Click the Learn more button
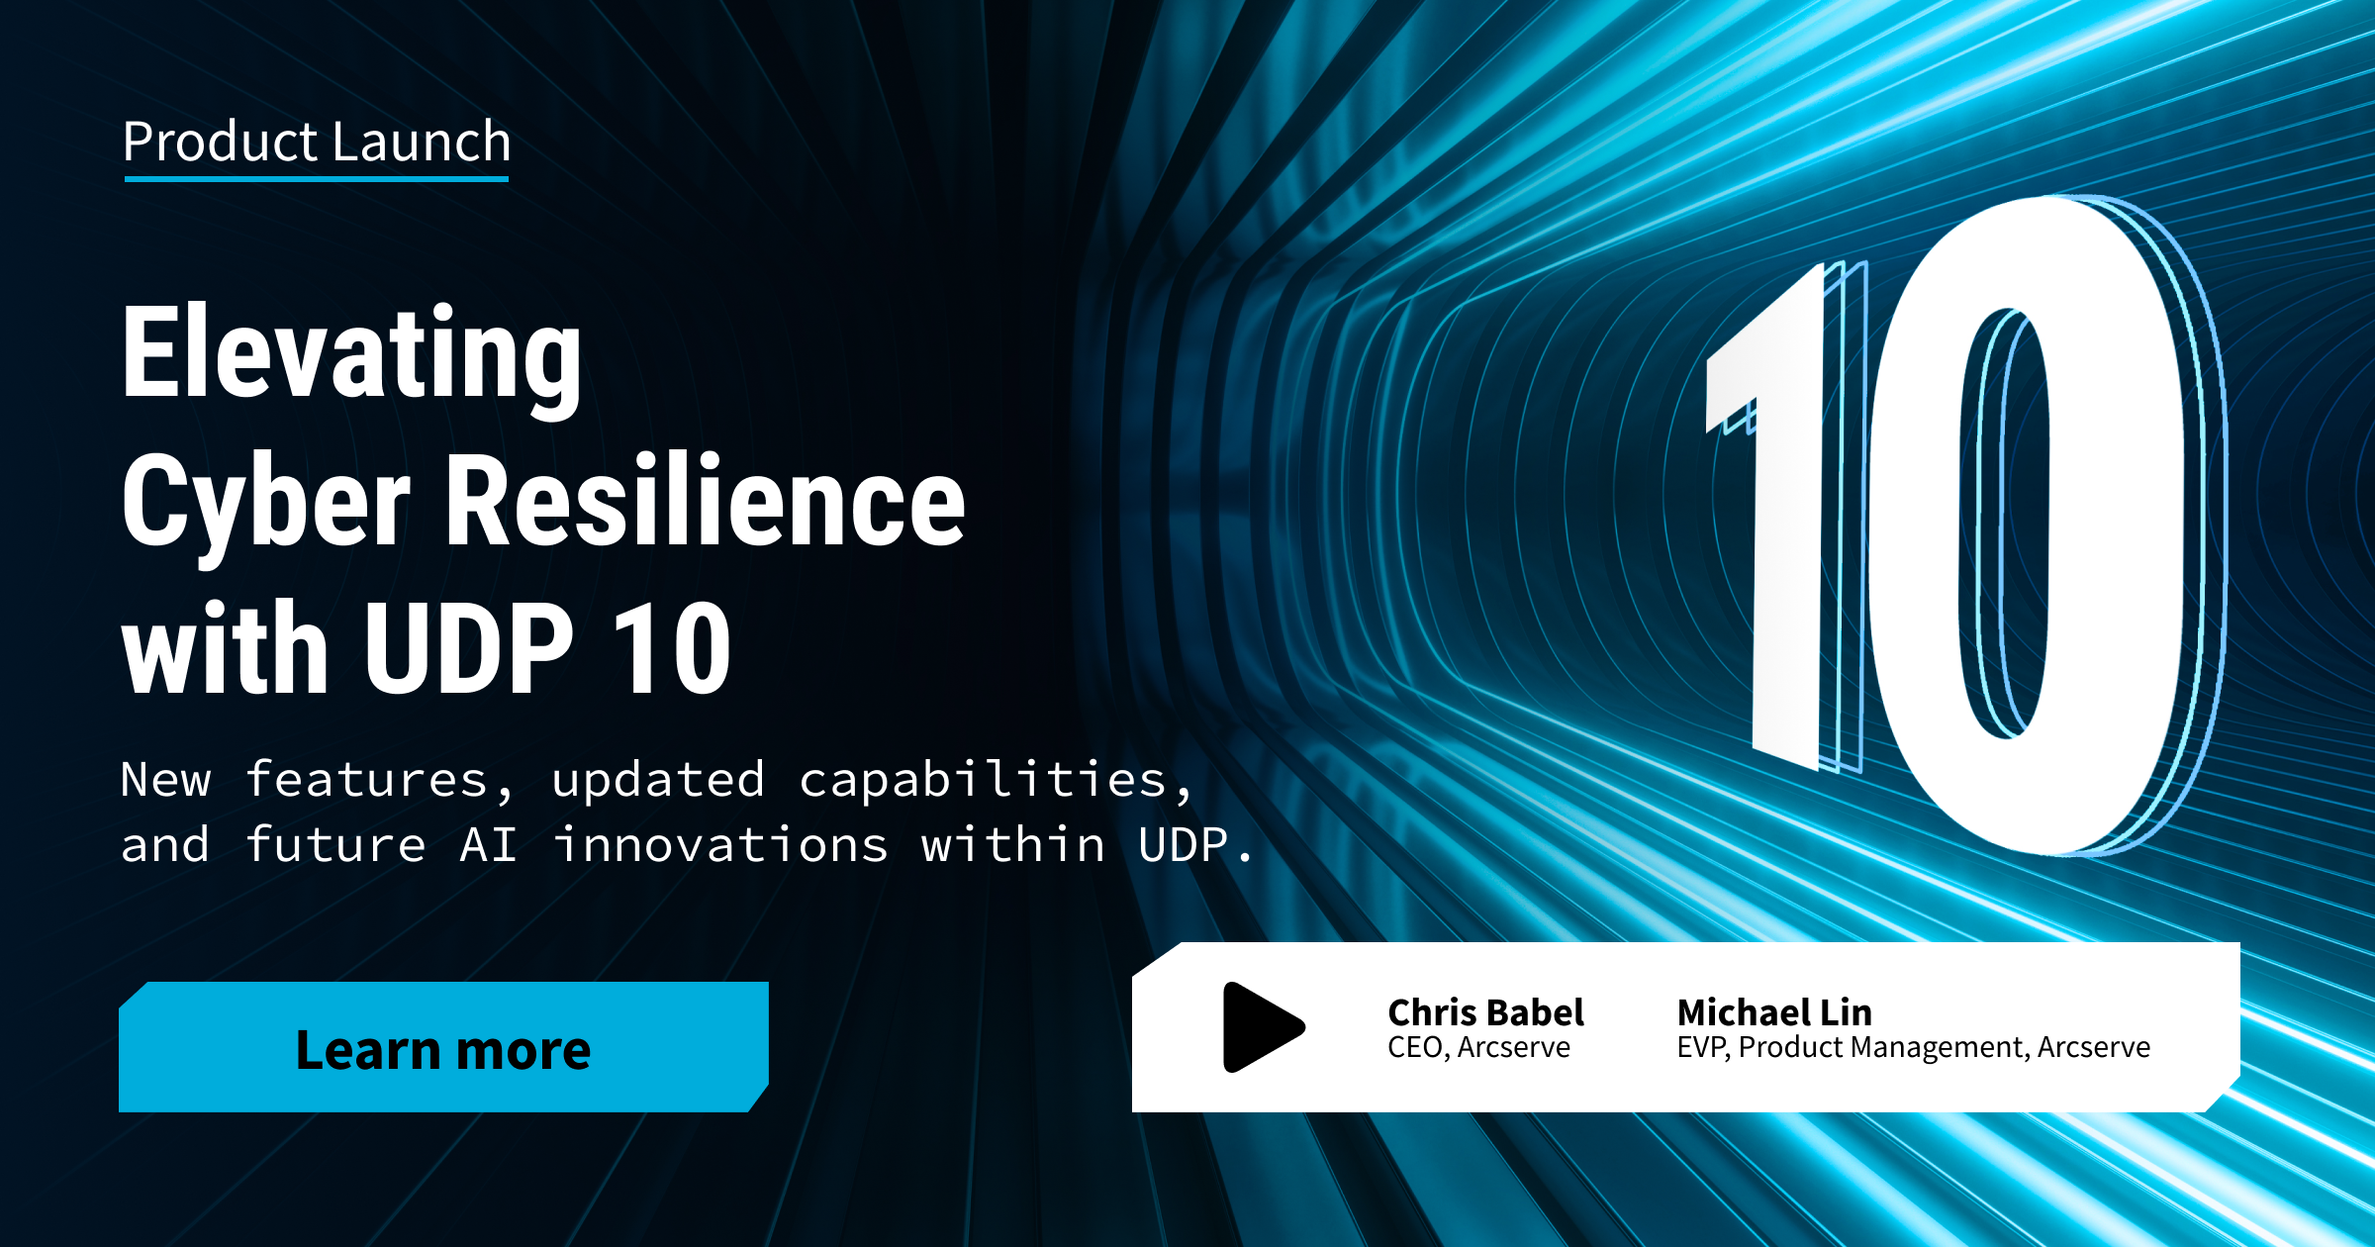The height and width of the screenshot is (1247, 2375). click(443, 1047)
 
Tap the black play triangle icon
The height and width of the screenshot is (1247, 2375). click(1264, 1027)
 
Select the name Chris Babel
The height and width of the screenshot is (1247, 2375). click(1485, 1012)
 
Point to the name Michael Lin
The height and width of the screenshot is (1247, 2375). click(1774, 1012)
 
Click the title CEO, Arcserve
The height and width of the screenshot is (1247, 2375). click(1478, 1047)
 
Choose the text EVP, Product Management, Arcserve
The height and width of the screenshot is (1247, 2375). click(1913, 1047)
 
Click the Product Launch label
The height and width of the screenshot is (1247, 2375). click(317, 141)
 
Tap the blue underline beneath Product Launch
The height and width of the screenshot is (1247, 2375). click(317, 179)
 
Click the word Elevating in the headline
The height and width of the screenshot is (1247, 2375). click(352, 358)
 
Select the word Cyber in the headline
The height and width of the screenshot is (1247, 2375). click(265, 504)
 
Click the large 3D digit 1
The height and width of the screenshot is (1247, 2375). click(1781, 515)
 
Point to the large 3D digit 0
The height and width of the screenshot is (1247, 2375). click(2043, 525)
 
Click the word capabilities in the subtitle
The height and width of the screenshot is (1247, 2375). click(983, 781)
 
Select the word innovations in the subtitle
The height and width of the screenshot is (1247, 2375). click(719, 844)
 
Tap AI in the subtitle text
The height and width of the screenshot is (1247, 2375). click(489, 845)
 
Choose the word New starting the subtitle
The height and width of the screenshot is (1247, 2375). click(166, 779)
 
